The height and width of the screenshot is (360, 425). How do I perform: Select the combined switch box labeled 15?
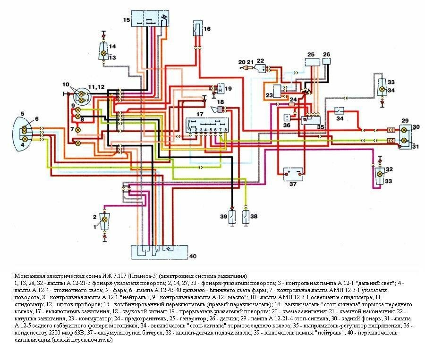click(151, 19)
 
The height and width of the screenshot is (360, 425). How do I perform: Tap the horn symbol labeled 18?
click(220, 109)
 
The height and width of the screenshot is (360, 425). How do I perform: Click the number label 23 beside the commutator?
click(269, 95)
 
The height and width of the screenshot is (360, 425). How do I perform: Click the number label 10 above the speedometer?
click(65, 84)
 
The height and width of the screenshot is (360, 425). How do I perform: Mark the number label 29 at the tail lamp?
click(404, 121)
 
